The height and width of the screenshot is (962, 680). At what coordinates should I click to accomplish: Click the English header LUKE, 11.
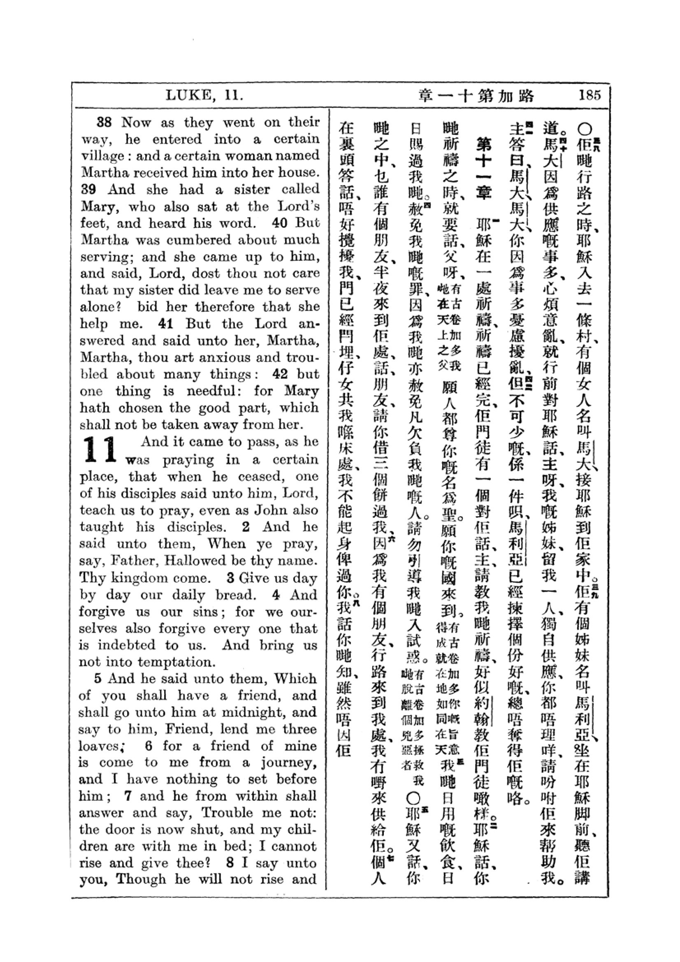coord(204,95)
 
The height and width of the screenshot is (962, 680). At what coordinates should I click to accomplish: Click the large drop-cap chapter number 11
coord(100,449)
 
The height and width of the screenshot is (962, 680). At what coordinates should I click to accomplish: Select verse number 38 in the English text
coord(104,122)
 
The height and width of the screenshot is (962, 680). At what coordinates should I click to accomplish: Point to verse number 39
coord(88,189)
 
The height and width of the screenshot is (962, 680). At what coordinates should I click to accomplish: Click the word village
coord(102,156)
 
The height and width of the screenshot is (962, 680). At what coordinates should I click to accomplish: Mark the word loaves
coord(99,746)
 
